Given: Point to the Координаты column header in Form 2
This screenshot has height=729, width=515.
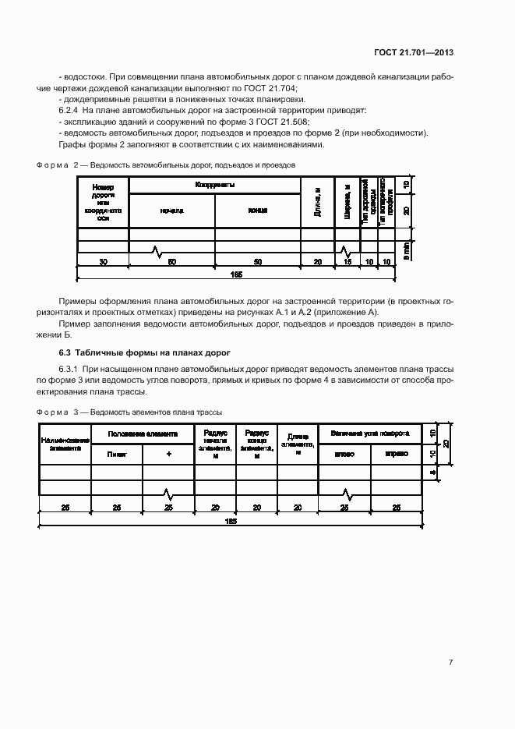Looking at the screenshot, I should point(215,185).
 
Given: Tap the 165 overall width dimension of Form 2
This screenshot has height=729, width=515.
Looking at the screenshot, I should point(237,274).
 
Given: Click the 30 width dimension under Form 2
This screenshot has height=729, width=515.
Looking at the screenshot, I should point(103,263).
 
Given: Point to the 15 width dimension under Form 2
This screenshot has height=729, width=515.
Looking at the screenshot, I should point(347,263).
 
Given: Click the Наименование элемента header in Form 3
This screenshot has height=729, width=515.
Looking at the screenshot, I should point(65,444).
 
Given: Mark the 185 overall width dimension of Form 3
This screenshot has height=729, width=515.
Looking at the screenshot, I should point(231,520).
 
